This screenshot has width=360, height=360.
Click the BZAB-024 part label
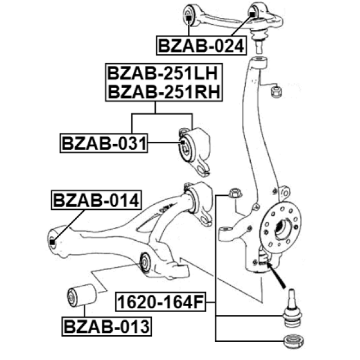point(201,46)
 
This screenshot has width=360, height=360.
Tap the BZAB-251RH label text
point(164,92)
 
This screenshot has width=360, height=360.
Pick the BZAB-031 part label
point(103,143)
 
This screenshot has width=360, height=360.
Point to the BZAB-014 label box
point(96,200)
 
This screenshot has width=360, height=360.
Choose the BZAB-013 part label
point(107,326)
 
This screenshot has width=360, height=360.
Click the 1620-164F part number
point(161,302)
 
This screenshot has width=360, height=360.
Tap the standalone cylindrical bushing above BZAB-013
point(82,295)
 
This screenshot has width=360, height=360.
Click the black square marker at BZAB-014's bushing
point(52,242)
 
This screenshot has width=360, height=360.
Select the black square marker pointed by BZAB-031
point(182,142)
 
